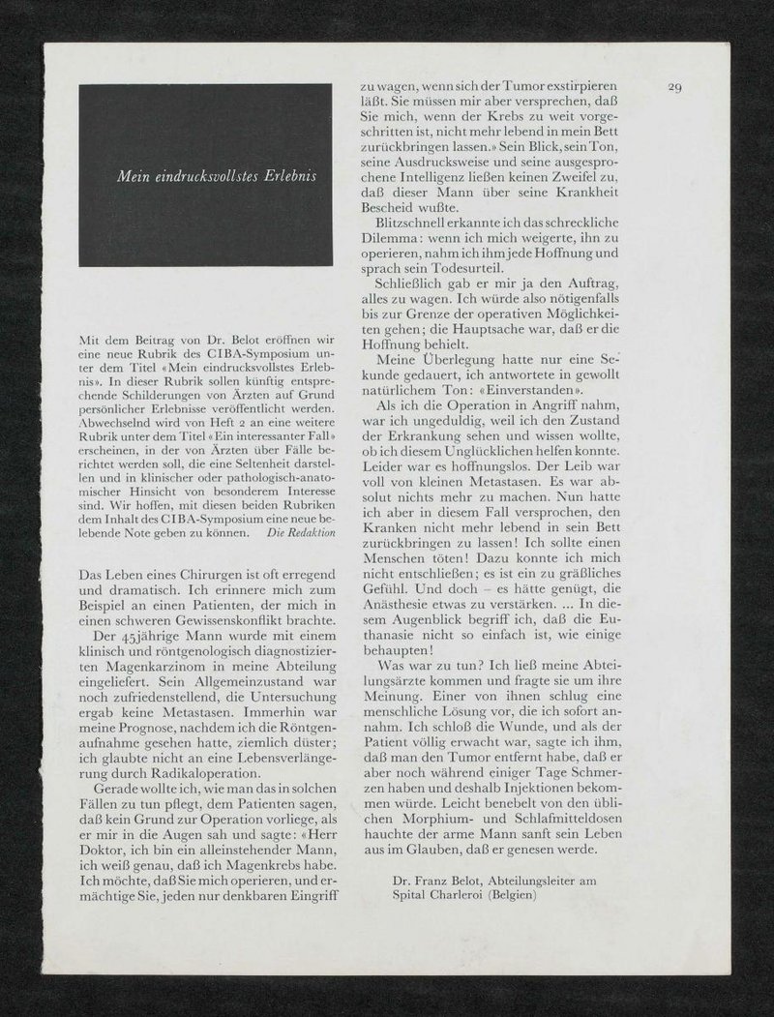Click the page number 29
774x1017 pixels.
[x=676, y=88]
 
